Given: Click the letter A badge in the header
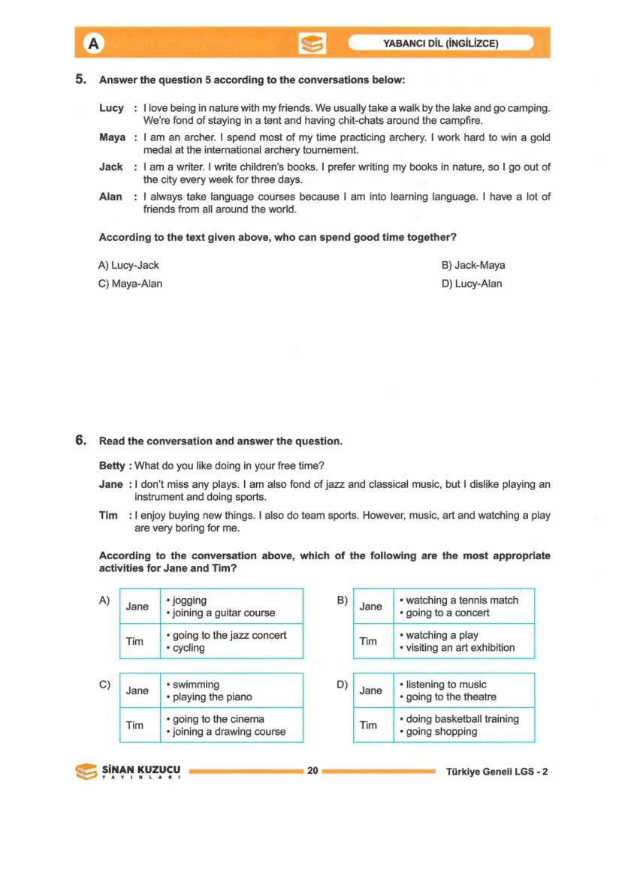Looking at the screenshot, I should [x=93, y=44].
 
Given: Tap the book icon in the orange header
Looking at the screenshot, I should [x=312, y=44].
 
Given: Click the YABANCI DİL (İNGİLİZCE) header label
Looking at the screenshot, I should [x=441, y=44].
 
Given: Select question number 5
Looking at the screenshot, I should [x=81, y=80].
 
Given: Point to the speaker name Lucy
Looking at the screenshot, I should [x=111, y=108].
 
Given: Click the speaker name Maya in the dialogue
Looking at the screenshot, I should [x=112, y=137].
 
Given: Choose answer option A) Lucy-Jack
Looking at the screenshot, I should [x=129, y=265].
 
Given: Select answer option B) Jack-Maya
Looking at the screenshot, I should [x=473, y=265].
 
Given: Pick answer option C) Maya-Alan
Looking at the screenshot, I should [x=131, y=284].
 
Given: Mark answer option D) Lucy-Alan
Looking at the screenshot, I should [x=472, y=284].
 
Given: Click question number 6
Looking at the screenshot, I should [x=81, y=441].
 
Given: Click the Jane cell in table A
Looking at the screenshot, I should [x=137, y=607].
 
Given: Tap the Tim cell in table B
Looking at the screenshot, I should [x=368, y=641].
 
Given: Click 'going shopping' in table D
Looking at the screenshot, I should [x=441, y=732].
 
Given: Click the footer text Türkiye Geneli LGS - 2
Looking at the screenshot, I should [x=497, y=772].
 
